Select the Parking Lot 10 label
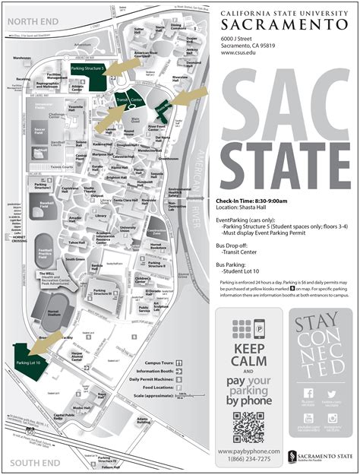27,363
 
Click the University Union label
128,228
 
